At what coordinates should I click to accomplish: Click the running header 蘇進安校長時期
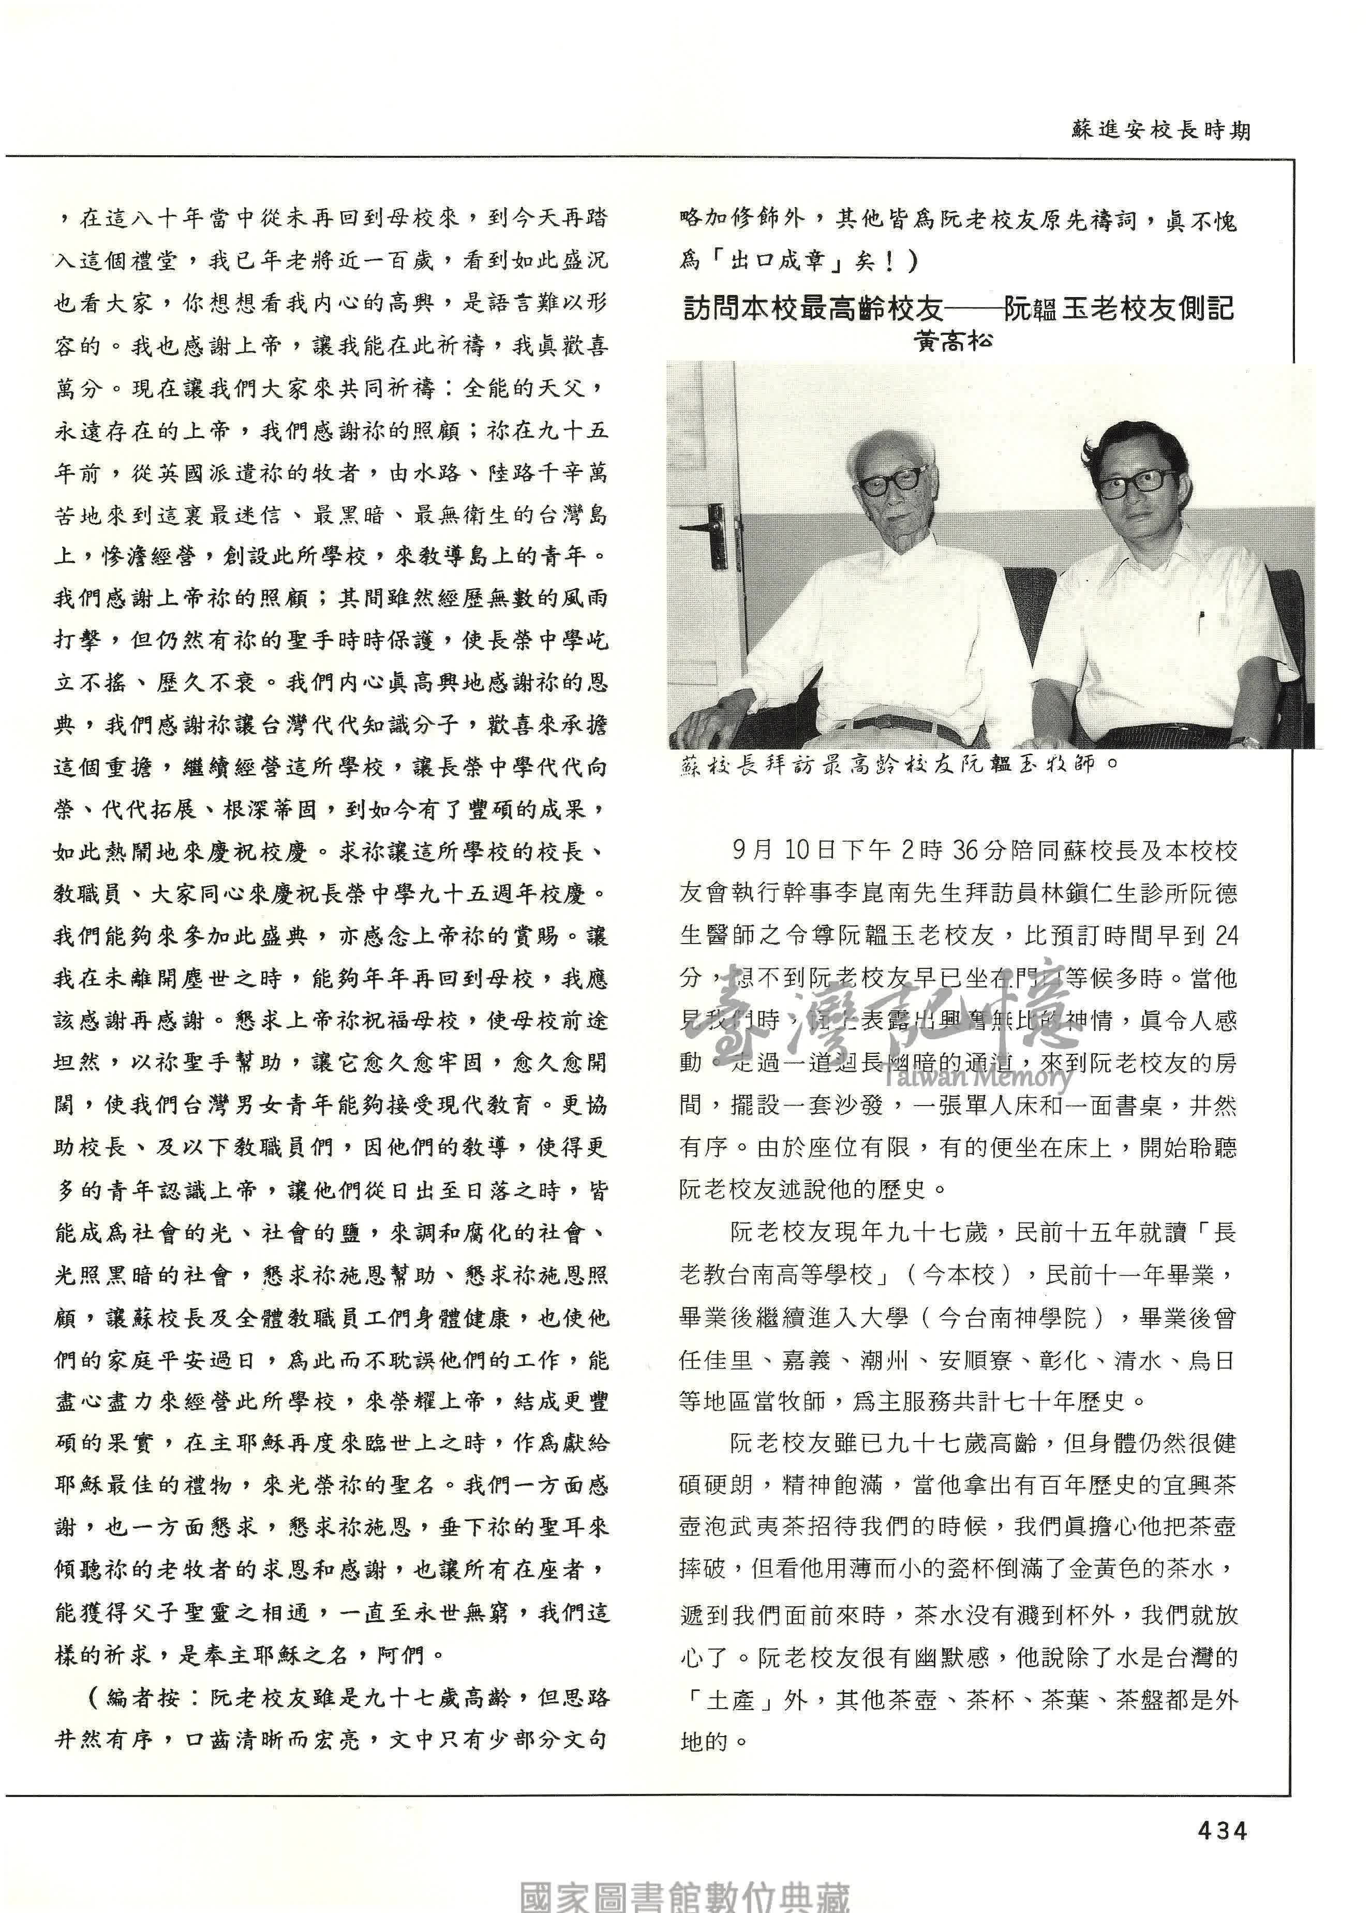1161,131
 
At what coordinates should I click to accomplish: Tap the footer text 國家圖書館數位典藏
684,1893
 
